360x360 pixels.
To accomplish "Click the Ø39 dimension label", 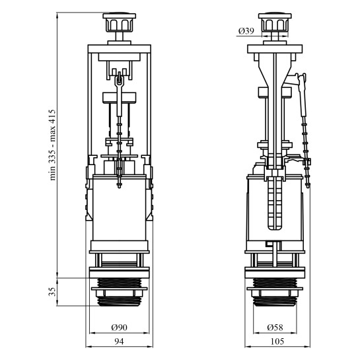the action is [x=246, y=31].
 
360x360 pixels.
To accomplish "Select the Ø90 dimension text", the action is [x=119, y=328].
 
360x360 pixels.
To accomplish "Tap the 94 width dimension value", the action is [x=119, y=342].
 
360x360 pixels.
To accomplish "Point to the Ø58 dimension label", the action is [x=275, y=328].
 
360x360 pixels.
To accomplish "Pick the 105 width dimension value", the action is [x=277, y=342].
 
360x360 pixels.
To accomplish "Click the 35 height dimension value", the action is [x=52, y=292].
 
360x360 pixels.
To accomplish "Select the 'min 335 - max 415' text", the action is [x=52, y=145].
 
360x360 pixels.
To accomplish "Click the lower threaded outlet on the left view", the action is [x=119, y=301].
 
